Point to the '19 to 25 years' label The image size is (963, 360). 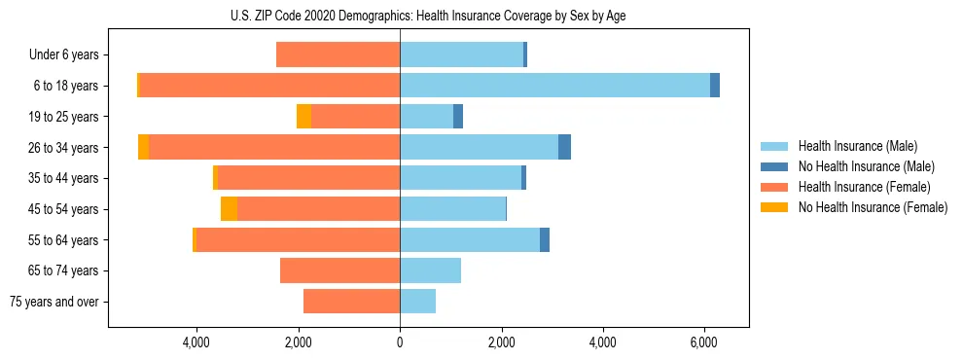(x=64, y=117)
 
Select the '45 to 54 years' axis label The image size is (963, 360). (x=64, y=209)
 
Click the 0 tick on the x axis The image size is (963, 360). (x=400, y=342)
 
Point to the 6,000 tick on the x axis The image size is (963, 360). (x=704, y=342)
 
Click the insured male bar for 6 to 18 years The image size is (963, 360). (x=554, y=86)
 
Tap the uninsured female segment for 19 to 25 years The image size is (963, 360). (x=303, y=117)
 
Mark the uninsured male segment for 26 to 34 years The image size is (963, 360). (x=564, y=147)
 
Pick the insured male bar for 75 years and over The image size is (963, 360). (x=417, y=302)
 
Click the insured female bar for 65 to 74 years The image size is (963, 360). (x=339, y=270)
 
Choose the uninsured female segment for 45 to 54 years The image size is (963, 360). (x=229, y=209)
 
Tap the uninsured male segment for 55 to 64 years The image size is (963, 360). (x=545, y=239)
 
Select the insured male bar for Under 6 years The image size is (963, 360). (x=461, y=54)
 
